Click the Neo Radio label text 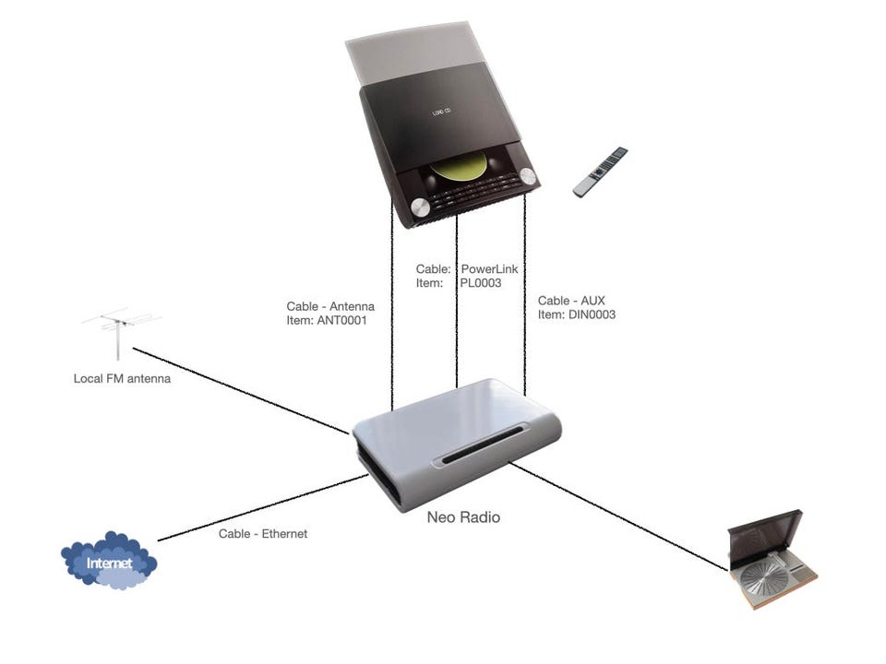[x=463, y=517]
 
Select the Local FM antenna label [x=122, y=378]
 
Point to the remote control [x=600, y=172]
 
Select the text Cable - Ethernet [x=263, y=534]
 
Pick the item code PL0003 [x=481, y=283]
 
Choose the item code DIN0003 [x=592, y=314]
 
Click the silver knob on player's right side [x=527, y=176]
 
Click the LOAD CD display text [x=442, y=113]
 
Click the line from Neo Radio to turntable [x=618, y=516]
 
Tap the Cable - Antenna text [x=330, y=306]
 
